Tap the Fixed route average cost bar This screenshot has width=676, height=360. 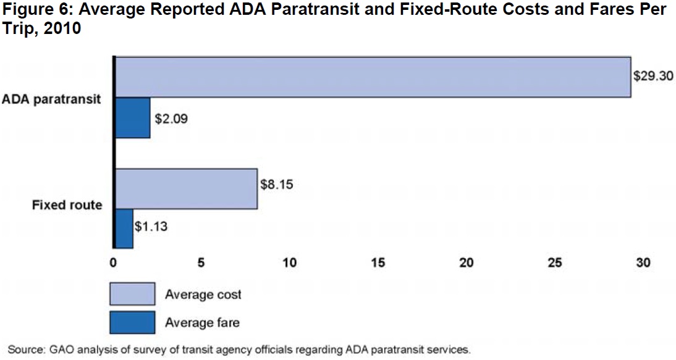point(185,188)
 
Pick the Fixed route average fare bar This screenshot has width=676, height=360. point(124,228)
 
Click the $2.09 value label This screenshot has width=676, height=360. point(171,117)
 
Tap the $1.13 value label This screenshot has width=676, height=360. point(151,226)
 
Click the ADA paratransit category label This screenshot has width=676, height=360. point(51,99)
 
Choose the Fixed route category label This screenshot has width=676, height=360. point(67,204)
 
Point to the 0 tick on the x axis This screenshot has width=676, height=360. point(113,262)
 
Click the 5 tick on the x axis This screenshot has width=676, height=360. point(201,262)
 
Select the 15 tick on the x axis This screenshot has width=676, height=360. point(378,262)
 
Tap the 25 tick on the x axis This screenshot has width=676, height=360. point(555,262)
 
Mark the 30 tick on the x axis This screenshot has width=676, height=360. point(643,262)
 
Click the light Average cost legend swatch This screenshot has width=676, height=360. point(132,294)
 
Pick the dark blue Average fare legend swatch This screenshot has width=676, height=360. point(132,322)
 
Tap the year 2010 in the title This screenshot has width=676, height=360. point(64,28)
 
